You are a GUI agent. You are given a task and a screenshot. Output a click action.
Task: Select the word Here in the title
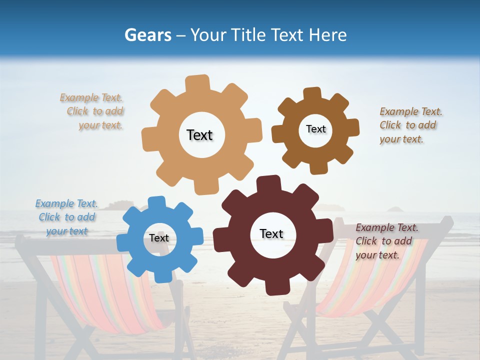coord(327,35)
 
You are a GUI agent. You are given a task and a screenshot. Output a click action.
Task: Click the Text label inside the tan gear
coord(199,135)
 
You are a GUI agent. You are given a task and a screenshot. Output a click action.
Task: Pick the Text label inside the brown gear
coord(315,129)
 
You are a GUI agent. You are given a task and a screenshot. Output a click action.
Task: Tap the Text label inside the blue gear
coord(159,238)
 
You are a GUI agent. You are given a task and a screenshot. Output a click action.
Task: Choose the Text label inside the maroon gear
coord(271,233)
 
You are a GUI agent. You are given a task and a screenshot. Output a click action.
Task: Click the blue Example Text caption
coord(66,217)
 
